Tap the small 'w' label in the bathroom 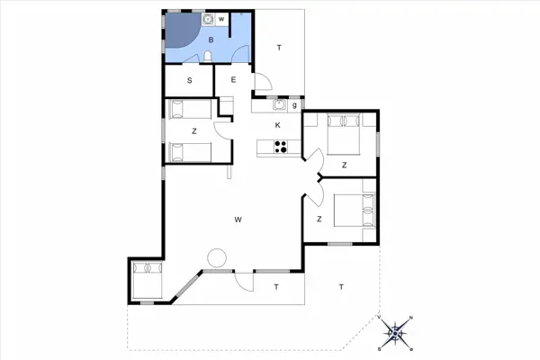(221, 19)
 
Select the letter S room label (190, 81)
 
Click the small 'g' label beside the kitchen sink (293, 106)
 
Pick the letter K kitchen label (278, 125)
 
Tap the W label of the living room (238, 219)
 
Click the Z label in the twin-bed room (193, 131)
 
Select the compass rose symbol (396, 333)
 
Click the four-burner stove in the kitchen (280, 148)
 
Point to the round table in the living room (215, 258)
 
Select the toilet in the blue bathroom (208, 58)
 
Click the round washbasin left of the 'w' (208, 19)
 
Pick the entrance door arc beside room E (263, 83)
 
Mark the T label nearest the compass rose (341, 288)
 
